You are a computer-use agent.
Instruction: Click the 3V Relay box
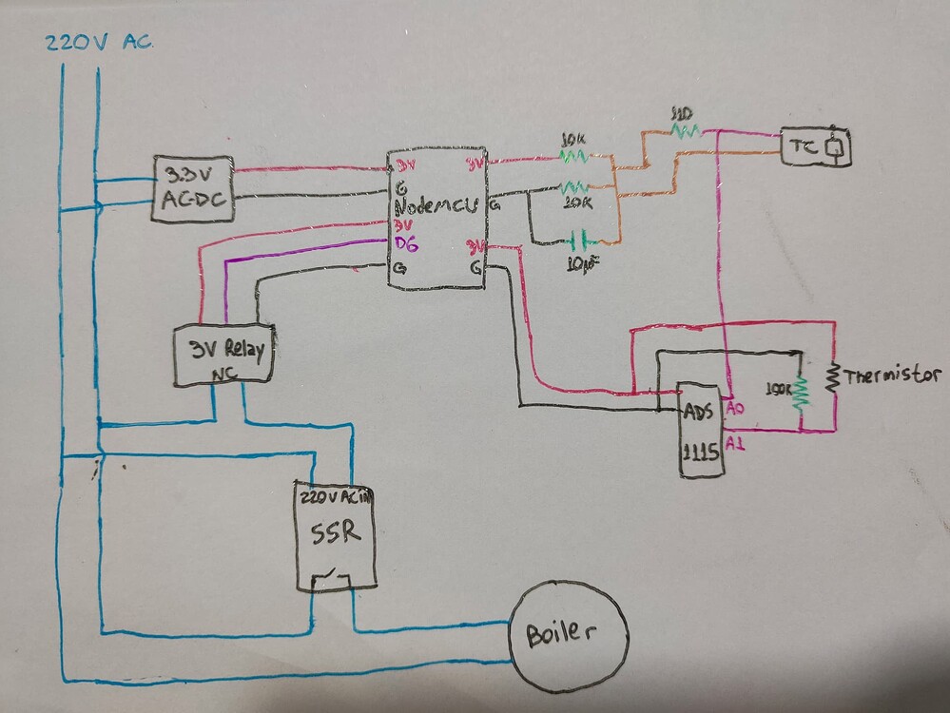(x=223, y=356)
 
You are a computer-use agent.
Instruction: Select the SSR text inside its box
(x=337, y=533)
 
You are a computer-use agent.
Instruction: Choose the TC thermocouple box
(x=815, y=147)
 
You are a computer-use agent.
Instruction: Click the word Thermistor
(x=891, y=375)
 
